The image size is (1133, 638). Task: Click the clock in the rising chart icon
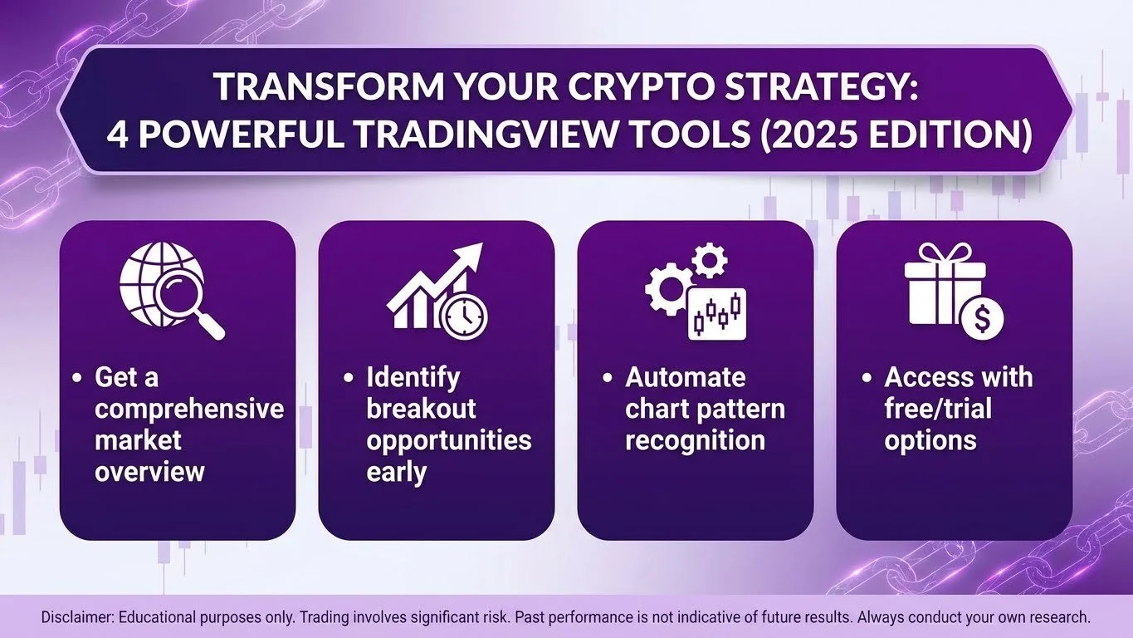pos(466,315)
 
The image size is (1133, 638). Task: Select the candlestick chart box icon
pos(717,314)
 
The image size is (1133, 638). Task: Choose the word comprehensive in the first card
pos(188,409)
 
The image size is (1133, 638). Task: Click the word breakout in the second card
pos(421,409)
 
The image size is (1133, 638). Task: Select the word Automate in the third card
pos(685,377)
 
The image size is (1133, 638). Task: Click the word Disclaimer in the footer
pos(77,618)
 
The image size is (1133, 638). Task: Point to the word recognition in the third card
pos(694,440)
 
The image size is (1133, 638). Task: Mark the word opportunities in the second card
pos(448,440)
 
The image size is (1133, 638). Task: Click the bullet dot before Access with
pos(867,379)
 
